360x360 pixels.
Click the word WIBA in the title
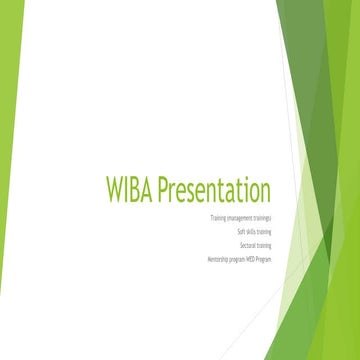click(x=130, y=191)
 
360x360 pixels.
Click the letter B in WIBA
click(x=137, y=191)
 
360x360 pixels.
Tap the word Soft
click(x=241, y=231)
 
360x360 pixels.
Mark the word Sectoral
click(x=246, y=245)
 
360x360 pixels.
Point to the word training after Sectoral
click(x=263, y=245)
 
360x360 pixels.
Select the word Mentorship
click(x=217, y=259)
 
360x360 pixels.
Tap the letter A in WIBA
click(x=149, y=191)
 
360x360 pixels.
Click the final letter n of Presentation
click(x=266, y=191)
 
